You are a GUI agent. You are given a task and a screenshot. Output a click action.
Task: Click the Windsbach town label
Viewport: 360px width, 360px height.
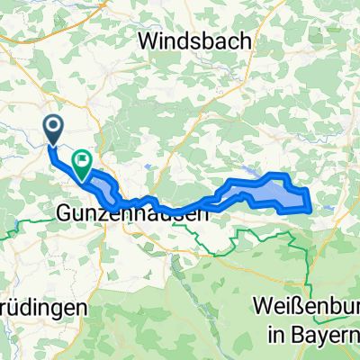[197, 41]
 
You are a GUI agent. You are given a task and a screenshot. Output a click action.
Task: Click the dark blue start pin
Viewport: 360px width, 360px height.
[53, 130]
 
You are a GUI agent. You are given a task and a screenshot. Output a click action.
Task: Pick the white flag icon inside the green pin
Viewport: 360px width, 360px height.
[82, 159]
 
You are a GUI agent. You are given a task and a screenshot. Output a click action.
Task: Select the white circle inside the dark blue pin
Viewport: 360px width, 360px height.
[53, 127]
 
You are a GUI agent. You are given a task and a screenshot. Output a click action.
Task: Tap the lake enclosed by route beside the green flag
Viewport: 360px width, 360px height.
[102, 181]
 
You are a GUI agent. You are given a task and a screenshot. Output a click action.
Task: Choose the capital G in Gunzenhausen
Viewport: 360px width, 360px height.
[65, 214]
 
